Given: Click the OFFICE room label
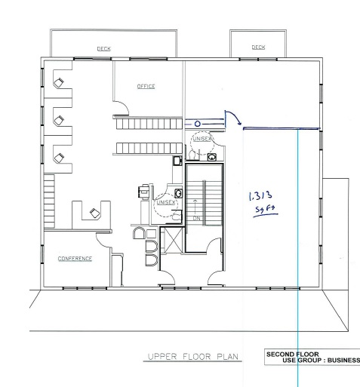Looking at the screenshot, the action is coord(146,86).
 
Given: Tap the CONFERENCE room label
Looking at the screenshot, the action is coord(75,259).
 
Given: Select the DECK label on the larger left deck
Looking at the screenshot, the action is coord(104,48).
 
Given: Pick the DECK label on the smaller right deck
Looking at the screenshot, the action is coord(258,47).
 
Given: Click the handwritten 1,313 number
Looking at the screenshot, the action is coord(260,195).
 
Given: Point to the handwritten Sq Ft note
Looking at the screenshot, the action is coord(266,210).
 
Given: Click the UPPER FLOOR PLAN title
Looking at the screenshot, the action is coord(193,357).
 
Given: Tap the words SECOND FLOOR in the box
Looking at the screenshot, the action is coord(293,355).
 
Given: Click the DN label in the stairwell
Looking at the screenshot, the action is coord(197,218).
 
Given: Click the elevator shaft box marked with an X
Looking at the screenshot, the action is coord(173,240).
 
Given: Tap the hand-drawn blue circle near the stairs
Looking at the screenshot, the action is coord(198,124).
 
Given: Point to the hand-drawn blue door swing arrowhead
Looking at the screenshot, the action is coord(239,123).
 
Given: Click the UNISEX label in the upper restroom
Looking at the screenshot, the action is coord(202,139).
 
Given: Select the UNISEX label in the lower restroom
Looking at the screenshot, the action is coord(165,202).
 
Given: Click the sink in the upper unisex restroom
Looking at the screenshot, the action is coord(212,157).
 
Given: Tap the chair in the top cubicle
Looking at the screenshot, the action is coord(59,82).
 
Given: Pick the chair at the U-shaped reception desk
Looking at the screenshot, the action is coord(94,213).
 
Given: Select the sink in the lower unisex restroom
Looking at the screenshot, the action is coord(178,193).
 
